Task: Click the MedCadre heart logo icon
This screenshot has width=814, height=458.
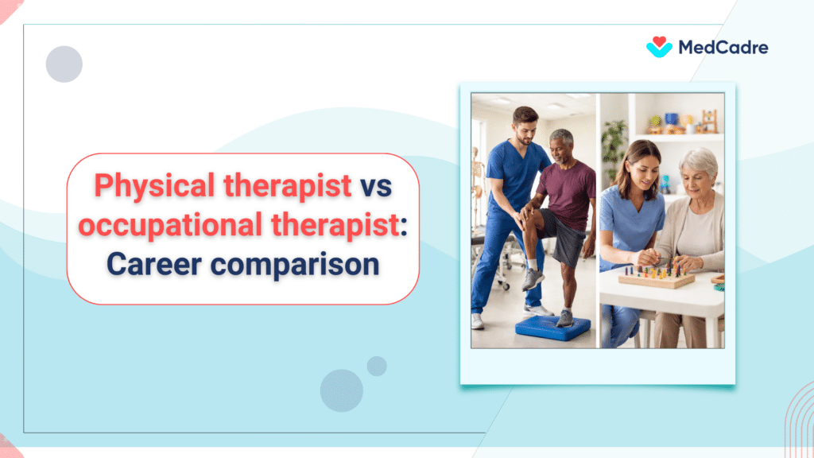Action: pyautogui.click(x=659, y=46)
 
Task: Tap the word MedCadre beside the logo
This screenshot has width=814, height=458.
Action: pyautogui.click(x=723, y=48)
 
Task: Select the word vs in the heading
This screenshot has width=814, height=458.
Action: pyautogui.click(x=377, y=185)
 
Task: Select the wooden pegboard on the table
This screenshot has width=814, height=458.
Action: pyautogui.click(x=656, y=277)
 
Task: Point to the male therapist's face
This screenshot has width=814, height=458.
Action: pyautogui.click(x=526, y=126)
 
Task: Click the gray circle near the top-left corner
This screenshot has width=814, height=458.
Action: pyautogui.click(x=64, y=64)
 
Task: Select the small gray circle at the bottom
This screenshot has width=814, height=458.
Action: pyautogui.click(x=377, y=366)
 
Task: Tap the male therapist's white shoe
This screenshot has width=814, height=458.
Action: pyautogui.click(x=477, y=320)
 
